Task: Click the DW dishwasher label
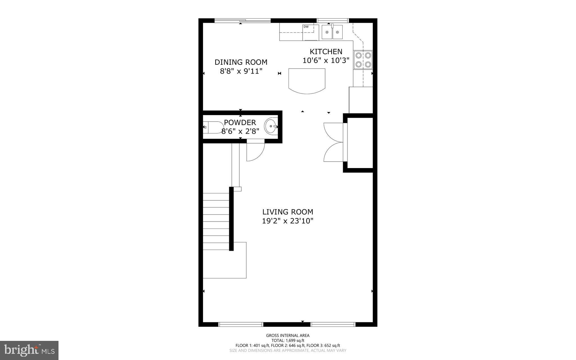tap(306, 27)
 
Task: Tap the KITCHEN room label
tap(326, 52)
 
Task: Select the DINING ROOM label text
tap(241, 62)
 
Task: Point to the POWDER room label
tap(240, 122)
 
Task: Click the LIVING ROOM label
tap(288, 212)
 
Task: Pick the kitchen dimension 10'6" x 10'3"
tap(326, 60)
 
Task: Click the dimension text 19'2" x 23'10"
tap(288, 221)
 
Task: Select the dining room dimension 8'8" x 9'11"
tap(241, 71)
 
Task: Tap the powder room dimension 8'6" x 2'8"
tap(240, 131)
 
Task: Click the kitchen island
tap(307, 81)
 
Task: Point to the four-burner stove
tap(363, 60)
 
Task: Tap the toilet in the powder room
tap(213, 128)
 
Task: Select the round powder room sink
tap(271, 127)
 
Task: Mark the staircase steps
tap(216, 222)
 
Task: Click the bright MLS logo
tap(29, 350)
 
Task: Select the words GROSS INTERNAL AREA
tap(288, 336)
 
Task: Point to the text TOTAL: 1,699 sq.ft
tap(288, 341)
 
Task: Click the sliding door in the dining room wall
tap(242, 20)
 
